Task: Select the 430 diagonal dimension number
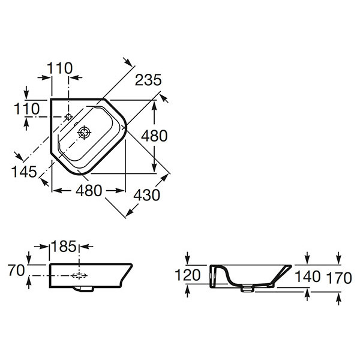(x=147, y=195)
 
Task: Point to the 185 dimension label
(x=65, y=245)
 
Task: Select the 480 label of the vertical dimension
(x=154, y=136)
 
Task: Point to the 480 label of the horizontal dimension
(x=89, y=190)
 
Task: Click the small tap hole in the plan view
(x=68, y=116)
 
